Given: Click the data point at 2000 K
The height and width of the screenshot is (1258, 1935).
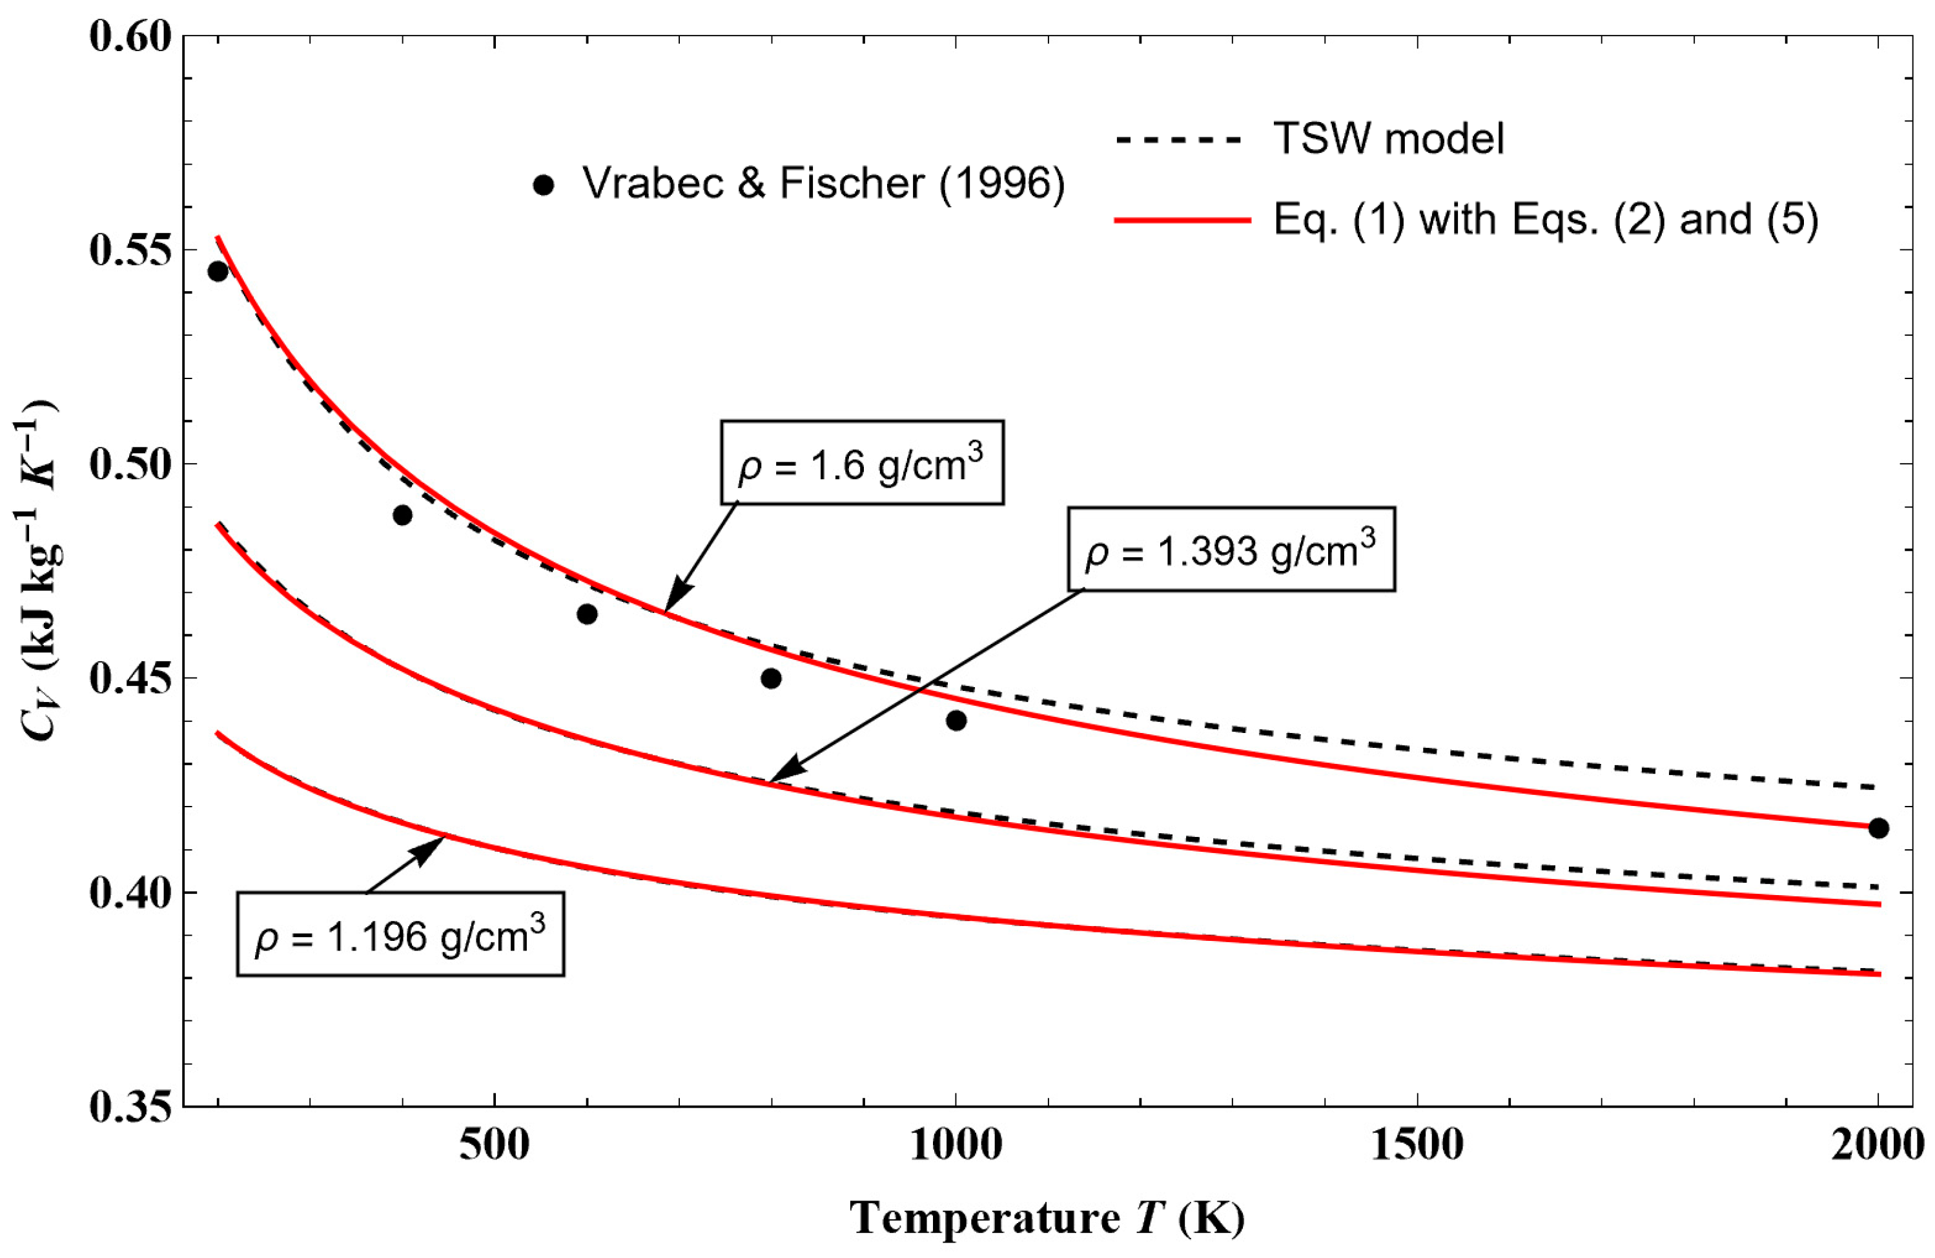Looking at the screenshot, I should pos(1878,829).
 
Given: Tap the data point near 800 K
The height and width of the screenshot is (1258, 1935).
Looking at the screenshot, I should pos(772,678).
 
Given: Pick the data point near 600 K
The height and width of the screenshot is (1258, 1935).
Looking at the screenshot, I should pos(587,614).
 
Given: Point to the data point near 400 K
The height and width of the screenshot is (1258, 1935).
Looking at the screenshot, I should pos(402,515).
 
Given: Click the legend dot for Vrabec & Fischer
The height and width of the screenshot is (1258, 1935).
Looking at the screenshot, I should pos(544,186).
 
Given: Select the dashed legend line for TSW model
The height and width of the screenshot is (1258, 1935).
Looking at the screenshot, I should pos(1180,141).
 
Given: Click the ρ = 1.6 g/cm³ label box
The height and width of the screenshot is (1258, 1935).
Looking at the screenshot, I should pos(862,462).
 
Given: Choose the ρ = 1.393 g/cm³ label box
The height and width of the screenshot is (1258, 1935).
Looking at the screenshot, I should pos(1231,550).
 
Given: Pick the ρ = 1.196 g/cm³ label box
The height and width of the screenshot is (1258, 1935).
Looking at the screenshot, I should pos(400,934).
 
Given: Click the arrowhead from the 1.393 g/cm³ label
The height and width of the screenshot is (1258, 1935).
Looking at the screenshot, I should pos(777,777).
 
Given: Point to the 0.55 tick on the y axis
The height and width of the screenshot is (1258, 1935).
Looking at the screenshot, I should pos(130,251).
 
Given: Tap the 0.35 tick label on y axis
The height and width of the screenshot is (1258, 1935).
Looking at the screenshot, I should pos(130,1108).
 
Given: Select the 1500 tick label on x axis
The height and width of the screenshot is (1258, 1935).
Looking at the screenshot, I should pos(1417,1146).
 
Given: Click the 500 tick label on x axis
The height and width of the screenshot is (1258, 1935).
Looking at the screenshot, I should pos(495,1146).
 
